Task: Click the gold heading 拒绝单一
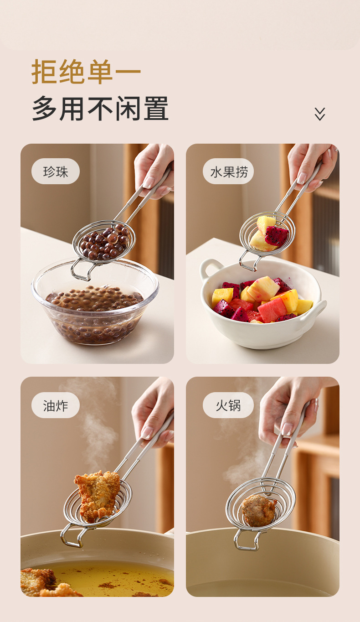86,71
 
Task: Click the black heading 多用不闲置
100,108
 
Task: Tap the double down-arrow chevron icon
320,114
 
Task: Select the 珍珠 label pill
56,171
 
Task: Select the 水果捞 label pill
228,171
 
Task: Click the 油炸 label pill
56,405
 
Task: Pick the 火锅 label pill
228,405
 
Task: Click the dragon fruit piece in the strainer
276,236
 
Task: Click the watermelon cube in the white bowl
272,310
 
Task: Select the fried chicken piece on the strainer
97,497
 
